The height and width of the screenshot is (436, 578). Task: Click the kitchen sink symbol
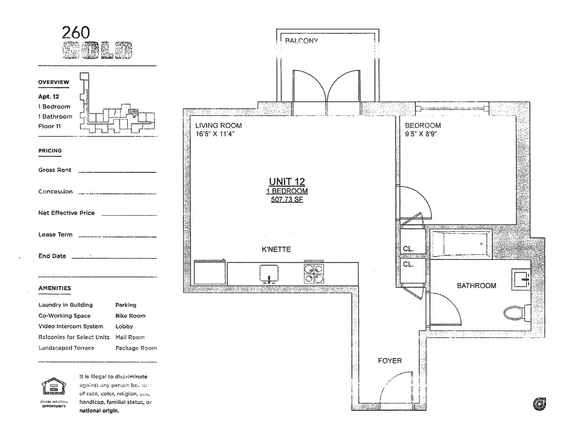[268, 274]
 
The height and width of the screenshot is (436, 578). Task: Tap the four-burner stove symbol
[313, 274]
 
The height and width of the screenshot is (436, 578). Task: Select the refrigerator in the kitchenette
[210, 274]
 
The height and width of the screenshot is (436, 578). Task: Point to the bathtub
[460, 245]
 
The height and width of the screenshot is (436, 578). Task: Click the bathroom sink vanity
[520, 278]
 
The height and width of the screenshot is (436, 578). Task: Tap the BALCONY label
[301, 41]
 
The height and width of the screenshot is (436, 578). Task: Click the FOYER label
[390, 361]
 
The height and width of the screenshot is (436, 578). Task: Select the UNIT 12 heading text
[287, 181]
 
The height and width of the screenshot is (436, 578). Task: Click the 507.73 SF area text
[287, 199]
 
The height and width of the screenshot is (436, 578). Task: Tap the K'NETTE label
[276, 250]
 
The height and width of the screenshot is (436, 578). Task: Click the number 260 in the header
[76, 32]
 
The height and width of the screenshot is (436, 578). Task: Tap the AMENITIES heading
[55, 288]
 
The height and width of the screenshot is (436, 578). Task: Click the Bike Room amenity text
[130, 316]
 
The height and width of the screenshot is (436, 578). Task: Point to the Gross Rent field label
[55, 170]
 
